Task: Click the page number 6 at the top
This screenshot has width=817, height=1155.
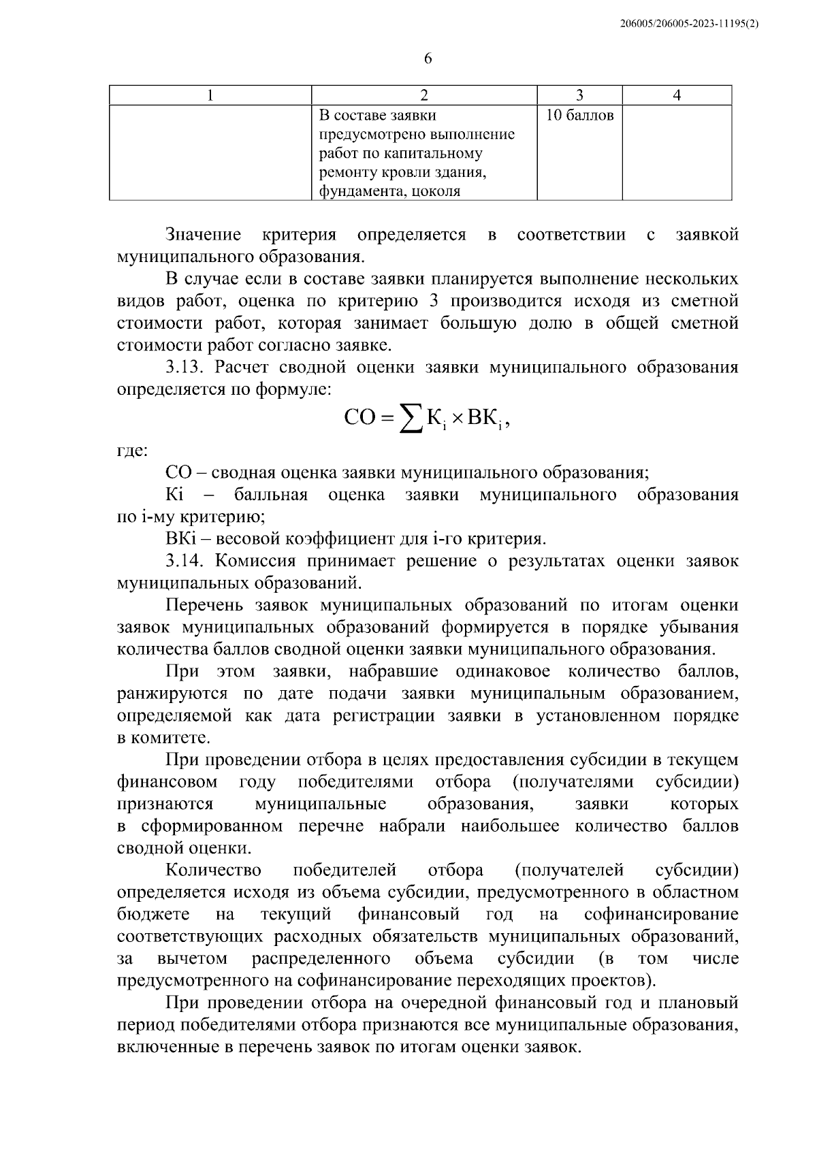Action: [428, 59]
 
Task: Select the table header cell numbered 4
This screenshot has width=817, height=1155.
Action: [677, 96]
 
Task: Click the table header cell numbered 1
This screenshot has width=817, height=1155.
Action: [210, 96]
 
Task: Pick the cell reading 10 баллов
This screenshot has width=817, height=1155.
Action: [580, 116]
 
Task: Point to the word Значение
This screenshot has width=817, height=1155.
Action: [204, 235]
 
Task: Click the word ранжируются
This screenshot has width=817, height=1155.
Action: [173, 694]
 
